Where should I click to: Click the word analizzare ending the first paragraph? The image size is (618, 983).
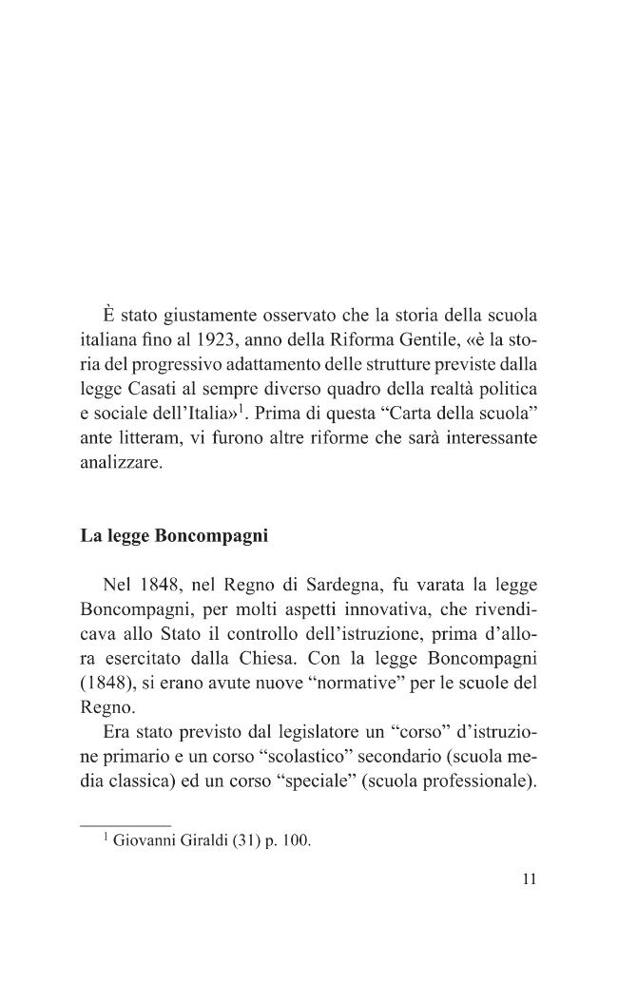click(x=121, y=468)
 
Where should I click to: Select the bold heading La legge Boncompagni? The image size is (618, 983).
click(x=174, y=535)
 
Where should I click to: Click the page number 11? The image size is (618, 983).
click(x=530, y=879)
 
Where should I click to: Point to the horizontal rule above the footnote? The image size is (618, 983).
click(x=125, y=824)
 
